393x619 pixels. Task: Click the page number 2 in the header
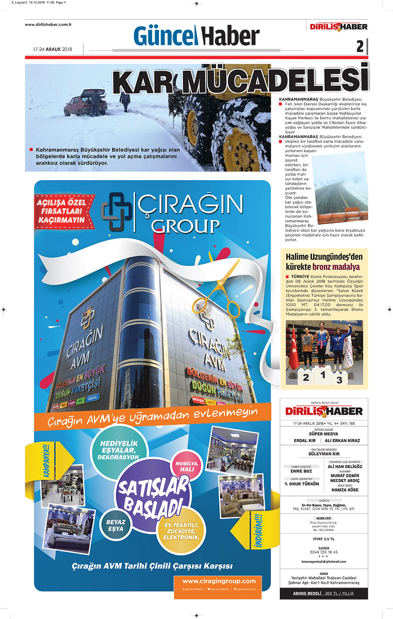[360, 46]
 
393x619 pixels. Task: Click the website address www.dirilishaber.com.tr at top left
[48, 25]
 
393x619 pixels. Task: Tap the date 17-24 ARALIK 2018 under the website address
[52, 49]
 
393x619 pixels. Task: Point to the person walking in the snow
[125, 101]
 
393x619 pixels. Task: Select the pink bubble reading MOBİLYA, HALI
[187, 466]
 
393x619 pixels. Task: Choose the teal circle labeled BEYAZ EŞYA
[116, 525]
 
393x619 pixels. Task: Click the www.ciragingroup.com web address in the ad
[219, 581]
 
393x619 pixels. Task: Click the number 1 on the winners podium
[323, 375]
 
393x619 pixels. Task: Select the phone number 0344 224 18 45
[324, 552]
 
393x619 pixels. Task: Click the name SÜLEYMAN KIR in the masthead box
[324, 454]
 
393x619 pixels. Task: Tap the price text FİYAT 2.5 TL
[324, 539]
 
